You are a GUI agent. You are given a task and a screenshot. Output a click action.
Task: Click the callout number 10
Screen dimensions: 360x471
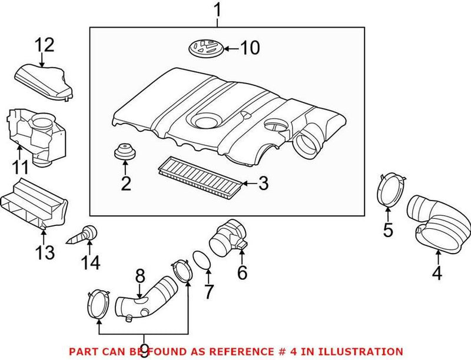[x=250, y=48]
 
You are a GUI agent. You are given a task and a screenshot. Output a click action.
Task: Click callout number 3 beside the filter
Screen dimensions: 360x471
[x=263, y=184]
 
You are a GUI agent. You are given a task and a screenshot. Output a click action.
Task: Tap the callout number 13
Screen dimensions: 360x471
[x=45, y=253]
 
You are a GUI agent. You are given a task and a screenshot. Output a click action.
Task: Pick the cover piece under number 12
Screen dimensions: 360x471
[x=44, y=82]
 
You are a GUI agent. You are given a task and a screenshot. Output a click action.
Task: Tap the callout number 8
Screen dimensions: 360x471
[x=140, y=275]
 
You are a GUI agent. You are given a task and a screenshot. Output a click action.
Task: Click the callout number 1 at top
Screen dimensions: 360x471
[x=218, y=10]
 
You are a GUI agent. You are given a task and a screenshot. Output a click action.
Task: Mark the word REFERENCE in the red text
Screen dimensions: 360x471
[x=247, y=351]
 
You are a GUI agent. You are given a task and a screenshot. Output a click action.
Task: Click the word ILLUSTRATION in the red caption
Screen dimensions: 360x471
[x=366, y=351]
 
